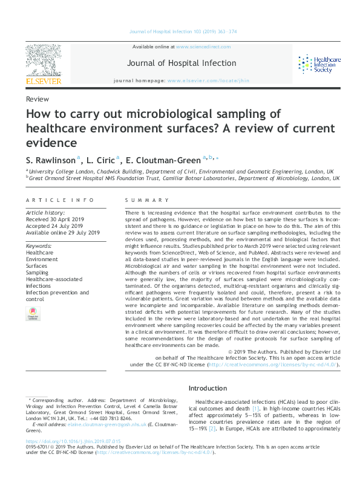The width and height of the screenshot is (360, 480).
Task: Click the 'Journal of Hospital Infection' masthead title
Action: coord(182,63)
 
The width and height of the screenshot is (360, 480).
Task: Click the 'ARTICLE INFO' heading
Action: coord(61,200)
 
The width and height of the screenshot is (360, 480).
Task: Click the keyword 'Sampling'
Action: coord(37,273)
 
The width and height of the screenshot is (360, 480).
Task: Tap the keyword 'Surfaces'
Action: coord(36,266)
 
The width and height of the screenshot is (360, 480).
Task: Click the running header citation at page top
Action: coord(180,31)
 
